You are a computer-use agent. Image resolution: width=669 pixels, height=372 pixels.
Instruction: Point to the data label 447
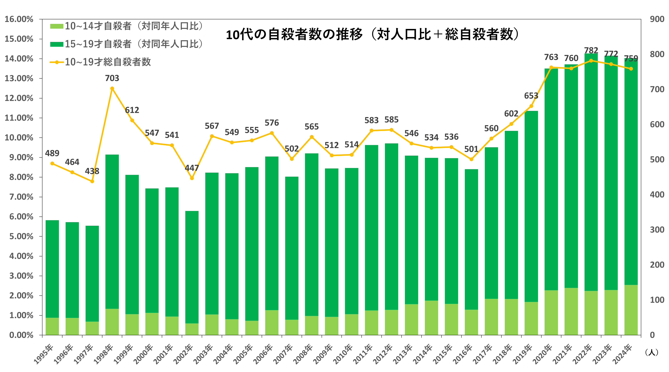(192, 168)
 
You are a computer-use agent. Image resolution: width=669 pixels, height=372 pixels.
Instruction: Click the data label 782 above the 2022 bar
(591, 50)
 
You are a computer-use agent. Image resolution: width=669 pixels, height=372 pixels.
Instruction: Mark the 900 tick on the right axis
(657, 19)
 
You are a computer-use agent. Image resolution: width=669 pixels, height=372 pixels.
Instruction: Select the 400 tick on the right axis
(657, 195)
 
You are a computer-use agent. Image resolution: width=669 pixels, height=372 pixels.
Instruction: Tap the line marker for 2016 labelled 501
(471, 159)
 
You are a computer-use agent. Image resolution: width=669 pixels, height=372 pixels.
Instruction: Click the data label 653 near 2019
(531, 96)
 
